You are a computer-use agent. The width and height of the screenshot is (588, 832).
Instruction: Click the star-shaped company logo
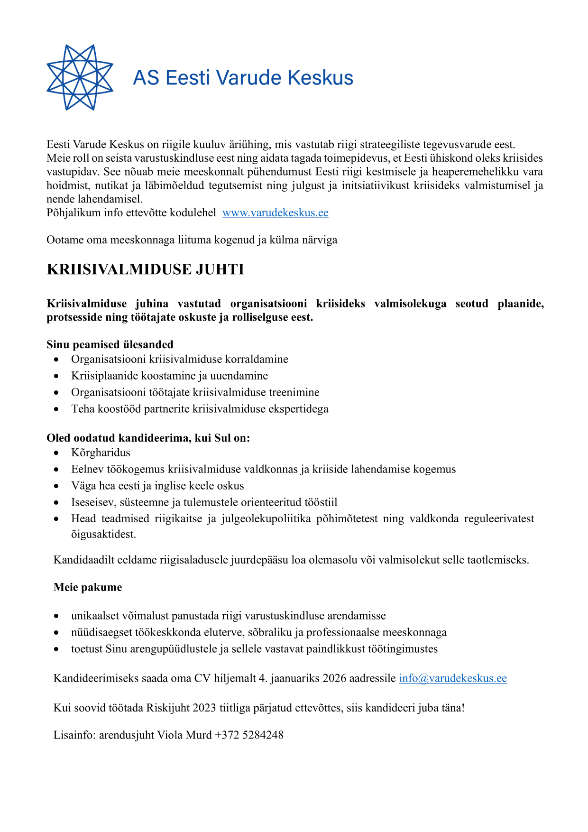pos(80,77)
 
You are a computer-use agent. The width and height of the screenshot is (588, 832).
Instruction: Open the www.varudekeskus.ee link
pos(275,213)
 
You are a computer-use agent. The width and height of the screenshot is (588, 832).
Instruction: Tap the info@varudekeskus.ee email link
pos(452,678)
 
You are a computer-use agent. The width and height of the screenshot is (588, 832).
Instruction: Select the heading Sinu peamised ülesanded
pos(110,344)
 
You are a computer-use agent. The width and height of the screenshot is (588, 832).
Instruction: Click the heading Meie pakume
pos(88,587)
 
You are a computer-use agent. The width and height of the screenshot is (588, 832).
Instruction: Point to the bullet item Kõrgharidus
pos(101,453)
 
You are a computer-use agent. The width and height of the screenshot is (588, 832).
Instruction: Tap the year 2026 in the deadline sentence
pos(334,678)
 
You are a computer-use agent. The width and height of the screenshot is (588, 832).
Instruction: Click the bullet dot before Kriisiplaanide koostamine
pos(57,376)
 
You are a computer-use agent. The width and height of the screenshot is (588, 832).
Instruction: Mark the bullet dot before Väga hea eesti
pos(57,486)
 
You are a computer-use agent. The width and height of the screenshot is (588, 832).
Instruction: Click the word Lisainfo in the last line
pos(74,735)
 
